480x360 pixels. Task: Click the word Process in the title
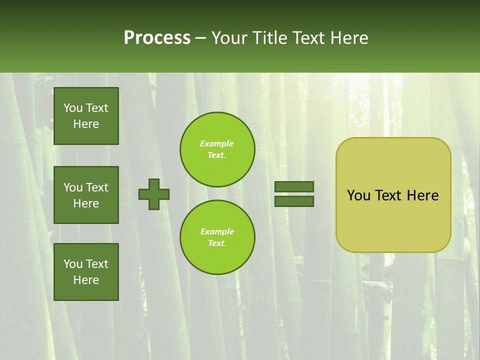click(x=157, y=38)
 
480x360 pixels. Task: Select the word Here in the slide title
click(x=348, y=38)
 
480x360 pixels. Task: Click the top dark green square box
click(x=86, y=116)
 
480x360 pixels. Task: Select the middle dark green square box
click(x=86, y=195)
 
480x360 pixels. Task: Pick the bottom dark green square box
click(x=86, y=272)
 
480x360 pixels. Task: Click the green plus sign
click(x=154, y=194)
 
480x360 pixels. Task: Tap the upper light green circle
click(x=217, y=149)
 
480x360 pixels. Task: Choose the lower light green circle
click(x=217, y=237)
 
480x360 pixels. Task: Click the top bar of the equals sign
click(x=294, y=187)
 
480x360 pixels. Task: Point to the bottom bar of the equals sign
click(x=294, y=201)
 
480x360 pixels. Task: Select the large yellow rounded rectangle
click(x=393, y=220)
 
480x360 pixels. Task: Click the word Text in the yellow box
click(x=388, y=195)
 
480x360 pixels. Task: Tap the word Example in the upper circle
click(x=217, y=143)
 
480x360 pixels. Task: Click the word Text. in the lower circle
click(x=217, y=243)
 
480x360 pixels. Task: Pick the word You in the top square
click(x=73, y=108)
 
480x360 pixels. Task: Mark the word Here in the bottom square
click(x=86, y=280)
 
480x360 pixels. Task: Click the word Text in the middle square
click(x=96, y=187)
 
